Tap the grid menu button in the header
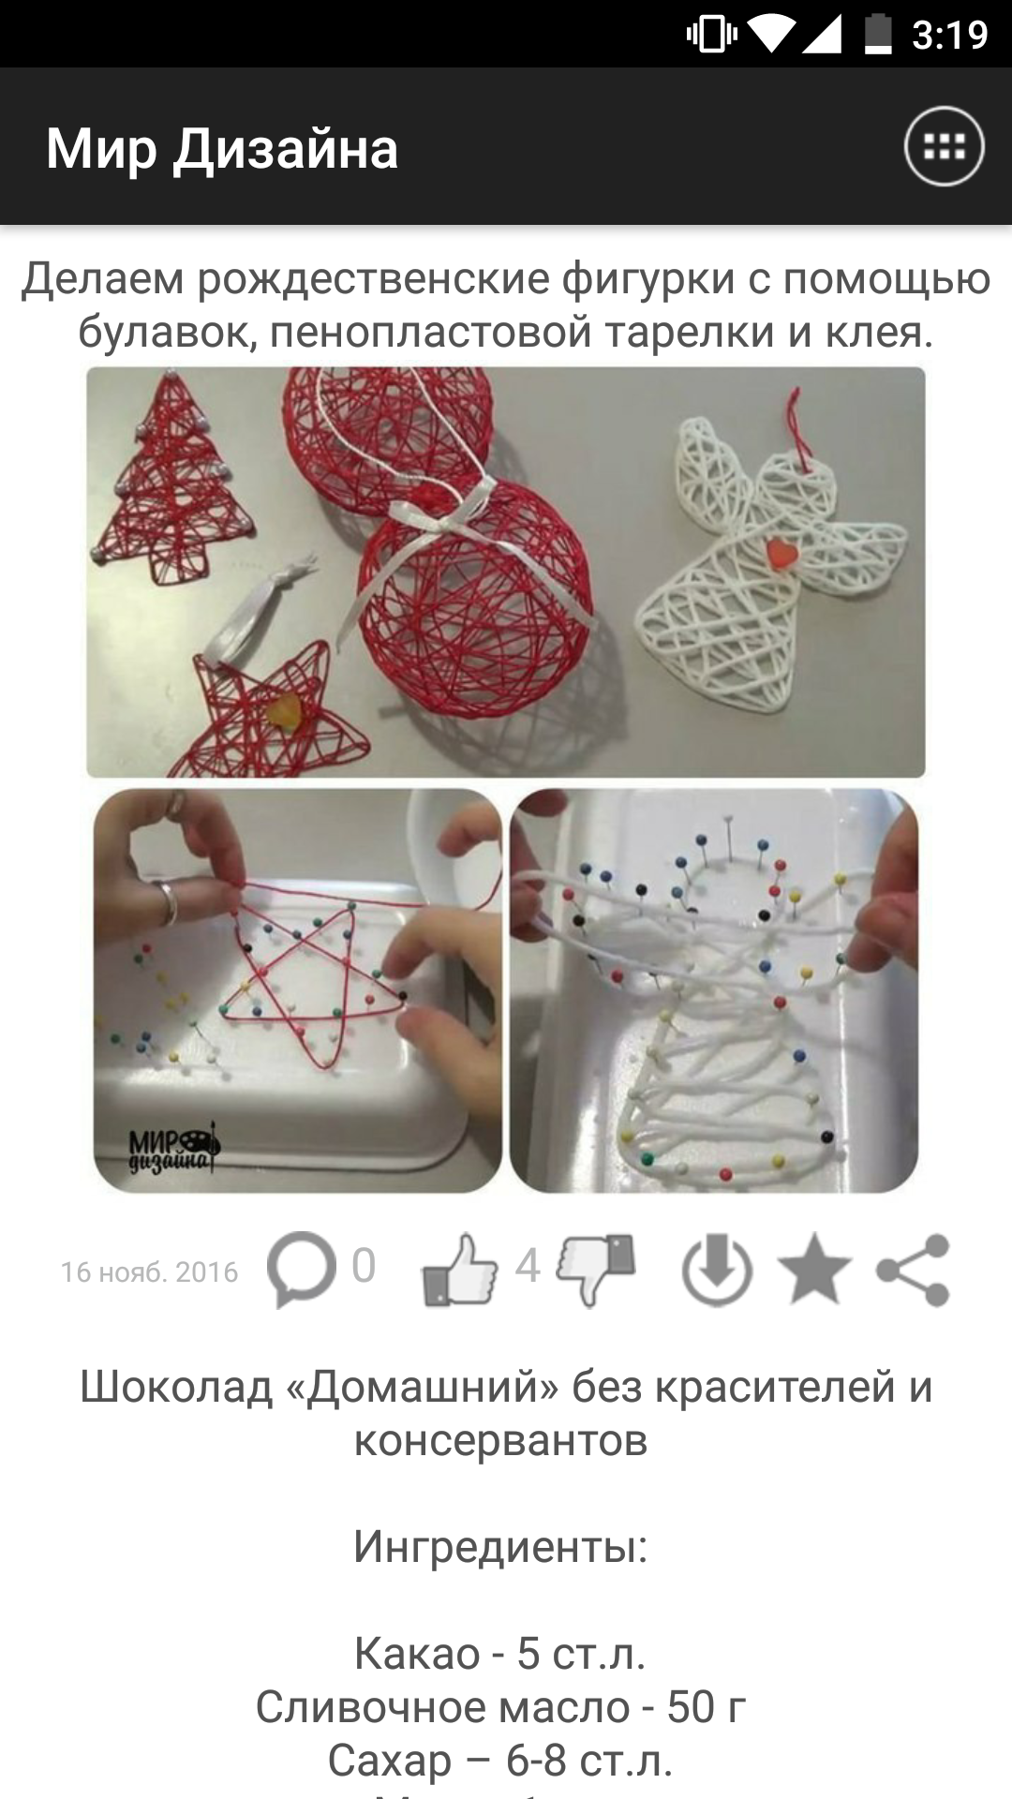944,147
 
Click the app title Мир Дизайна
222,148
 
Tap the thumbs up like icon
460,1269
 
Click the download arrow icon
717,1270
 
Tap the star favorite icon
814,1269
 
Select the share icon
914,1270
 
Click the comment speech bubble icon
301,1269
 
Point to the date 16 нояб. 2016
150,1271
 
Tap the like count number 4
528,1266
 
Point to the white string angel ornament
770,553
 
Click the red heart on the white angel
781,552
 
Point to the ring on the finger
169,900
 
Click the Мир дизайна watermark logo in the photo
173,1149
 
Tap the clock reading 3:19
949,35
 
